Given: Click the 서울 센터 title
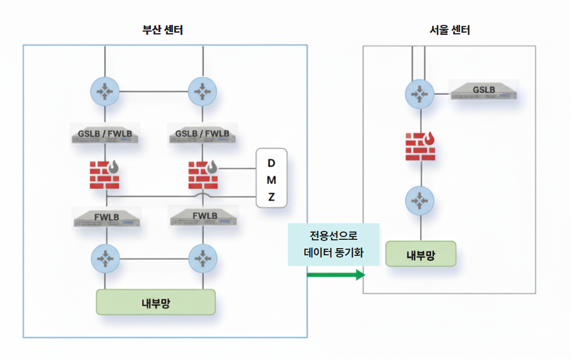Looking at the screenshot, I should tap(449, 30).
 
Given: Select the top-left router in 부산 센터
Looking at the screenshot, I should tap(105, 91).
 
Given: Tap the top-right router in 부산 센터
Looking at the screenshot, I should tap(203, 91).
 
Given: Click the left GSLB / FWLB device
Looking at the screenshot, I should tap(105, 134).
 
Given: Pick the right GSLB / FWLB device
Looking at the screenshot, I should tap(203, 134).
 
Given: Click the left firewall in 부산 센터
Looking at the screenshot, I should tap(104, 174).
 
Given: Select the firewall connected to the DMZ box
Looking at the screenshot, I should tap(203, 174).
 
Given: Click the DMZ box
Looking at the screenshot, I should tap(271, 178).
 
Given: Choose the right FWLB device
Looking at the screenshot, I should tap(203, 217).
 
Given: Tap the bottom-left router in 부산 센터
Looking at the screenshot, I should tap(105, 258).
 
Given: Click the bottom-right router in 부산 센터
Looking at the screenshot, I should tap(203, 258).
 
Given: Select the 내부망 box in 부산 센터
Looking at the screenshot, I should tap(156, 302).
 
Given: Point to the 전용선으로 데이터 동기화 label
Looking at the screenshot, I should tap(334, 244).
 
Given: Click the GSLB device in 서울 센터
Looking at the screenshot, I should tap(483, 90).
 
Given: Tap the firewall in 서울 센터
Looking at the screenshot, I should tap(421, 147).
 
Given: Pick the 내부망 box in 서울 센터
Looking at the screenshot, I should tap(421, 254).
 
